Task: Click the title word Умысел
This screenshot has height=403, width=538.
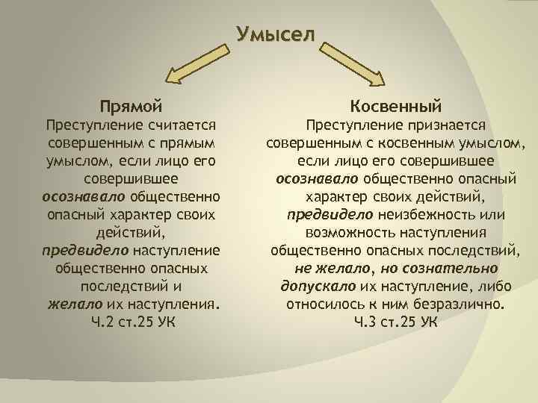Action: (276, 34)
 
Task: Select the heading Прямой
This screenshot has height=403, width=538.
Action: (132, 107)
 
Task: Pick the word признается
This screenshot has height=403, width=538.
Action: (447, 125)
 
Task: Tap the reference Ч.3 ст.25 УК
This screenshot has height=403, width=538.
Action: (396, 322)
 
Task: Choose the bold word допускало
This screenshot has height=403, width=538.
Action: (318, 287)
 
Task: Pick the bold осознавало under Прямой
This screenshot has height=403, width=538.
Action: (84, 197)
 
